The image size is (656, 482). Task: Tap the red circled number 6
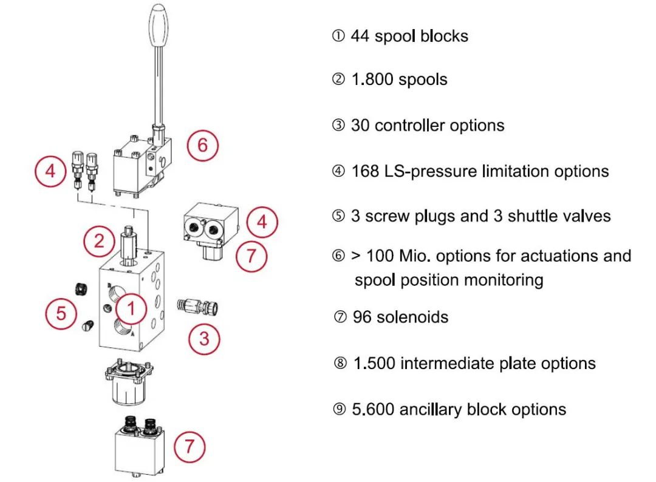202,146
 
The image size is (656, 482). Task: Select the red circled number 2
99,241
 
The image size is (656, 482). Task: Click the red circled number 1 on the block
131,309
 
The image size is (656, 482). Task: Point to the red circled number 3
204,338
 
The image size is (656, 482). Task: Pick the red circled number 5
61,314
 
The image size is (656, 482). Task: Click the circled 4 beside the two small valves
50,171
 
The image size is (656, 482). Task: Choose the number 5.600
373,409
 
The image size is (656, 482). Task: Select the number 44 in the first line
360,36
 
